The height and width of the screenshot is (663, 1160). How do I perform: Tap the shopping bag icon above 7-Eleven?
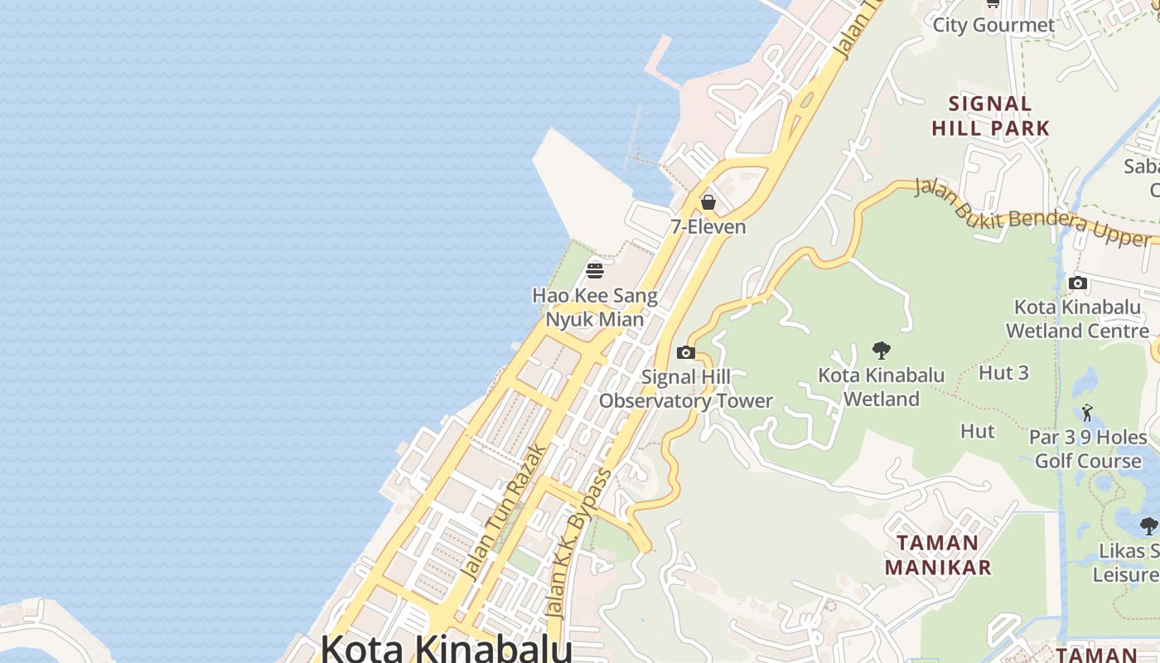708,201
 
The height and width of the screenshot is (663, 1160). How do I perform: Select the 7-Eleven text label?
708,226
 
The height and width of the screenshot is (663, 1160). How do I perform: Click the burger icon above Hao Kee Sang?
594,270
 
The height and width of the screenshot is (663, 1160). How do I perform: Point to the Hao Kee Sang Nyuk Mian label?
594,307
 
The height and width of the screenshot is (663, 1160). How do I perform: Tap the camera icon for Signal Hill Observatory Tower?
685,353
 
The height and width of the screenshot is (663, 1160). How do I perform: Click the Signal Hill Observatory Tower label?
686,389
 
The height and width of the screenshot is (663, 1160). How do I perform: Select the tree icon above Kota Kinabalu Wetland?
881,351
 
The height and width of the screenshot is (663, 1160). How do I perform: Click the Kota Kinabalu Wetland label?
882,387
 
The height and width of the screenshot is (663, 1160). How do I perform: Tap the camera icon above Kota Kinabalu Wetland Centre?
1078,283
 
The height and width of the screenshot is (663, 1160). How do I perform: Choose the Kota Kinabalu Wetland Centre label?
1077,319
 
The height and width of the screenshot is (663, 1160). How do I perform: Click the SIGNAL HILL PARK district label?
991,116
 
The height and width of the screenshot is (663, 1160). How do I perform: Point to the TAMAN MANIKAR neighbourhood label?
938,555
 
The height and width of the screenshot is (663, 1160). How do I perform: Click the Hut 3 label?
1003,373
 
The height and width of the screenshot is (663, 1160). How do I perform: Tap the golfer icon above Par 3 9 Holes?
1087,412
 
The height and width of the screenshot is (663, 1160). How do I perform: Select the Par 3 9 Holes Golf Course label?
1088,448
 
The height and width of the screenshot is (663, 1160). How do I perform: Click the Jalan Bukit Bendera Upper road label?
1032,212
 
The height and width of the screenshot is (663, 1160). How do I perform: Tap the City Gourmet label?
994,25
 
